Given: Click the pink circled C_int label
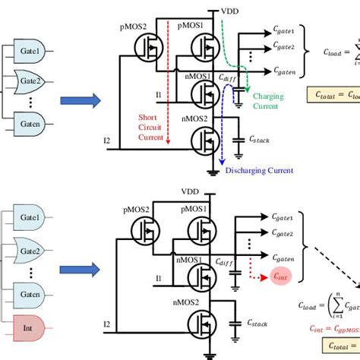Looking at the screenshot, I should tap(282, 278).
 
